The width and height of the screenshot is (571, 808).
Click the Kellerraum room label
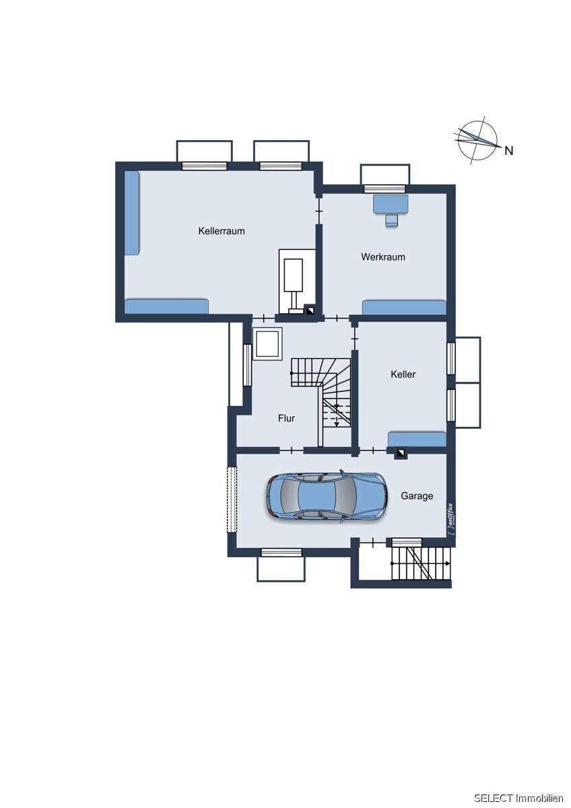coord(221,231)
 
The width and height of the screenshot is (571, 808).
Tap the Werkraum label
coord(382,257)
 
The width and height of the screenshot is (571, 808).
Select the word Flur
coord(286,418)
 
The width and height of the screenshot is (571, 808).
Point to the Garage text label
coord(417,496)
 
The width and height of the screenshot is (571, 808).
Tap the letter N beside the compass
coord(509,151)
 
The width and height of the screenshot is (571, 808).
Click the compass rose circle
coord(478,141)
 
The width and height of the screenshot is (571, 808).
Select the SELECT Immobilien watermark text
coord(518,798)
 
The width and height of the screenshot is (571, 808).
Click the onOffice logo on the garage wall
coord(451,518)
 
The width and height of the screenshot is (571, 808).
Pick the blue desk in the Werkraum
coord(391,204)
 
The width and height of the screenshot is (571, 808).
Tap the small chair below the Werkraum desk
coord(391,220)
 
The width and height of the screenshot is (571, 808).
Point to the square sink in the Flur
coord(267,344)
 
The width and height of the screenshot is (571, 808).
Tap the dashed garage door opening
coord(231,499)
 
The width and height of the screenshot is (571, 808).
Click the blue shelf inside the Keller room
coord(417,439)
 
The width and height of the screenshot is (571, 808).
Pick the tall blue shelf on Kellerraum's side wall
coord(132,213)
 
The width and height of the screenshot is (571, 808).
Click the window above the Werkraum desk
coord(384,189)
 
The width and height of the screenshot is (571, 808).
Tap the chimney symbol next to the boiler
coord(310,310)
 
